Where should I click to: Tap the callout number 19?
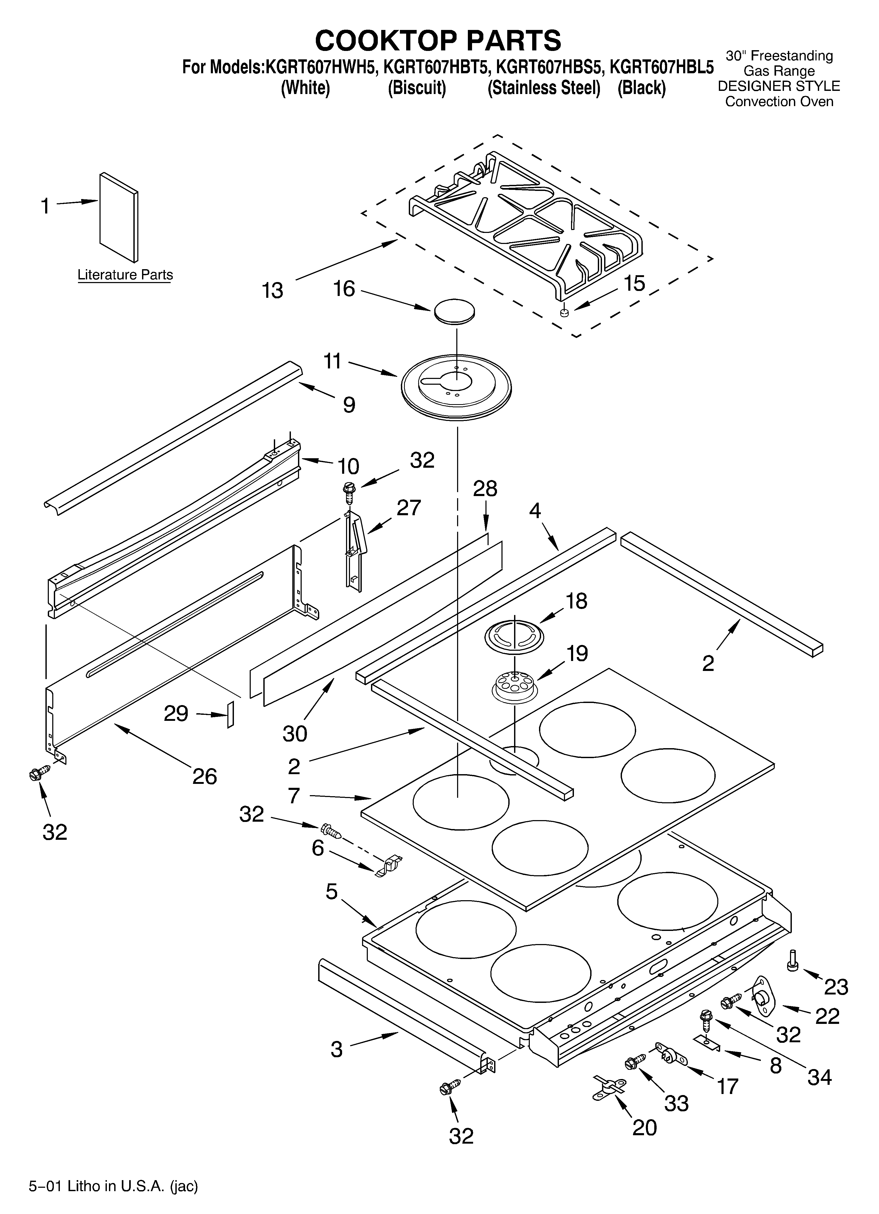coord(577,654)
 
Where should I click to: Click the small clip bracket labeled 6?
coord(389,866)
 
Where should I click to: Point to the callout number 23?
coord(836,987)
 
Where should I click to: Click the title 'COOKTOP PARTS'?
coord(438,40)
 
